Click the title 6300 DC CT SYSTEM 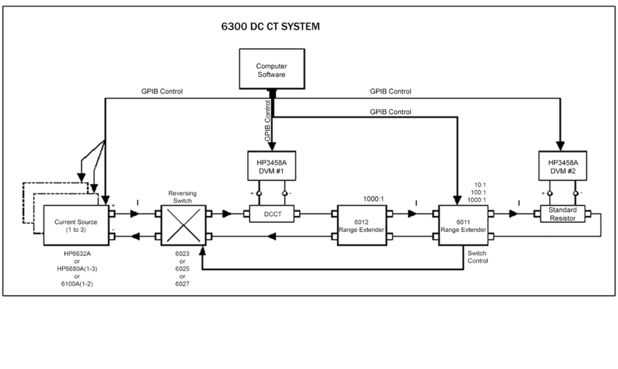271,27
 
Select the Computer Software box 271,70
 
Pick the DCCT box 272,213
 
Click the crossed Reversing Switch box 183,225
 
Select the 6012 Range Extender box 362,225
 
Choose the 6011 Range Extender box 463,225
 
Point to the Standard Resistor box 562,214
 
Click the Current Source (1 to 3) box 77,225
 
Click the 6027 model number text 182,283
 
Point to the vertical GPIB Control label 268,121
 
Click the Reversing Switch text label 182,197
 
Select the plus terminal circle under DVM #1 257,193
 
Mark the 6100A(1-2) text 77,283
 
